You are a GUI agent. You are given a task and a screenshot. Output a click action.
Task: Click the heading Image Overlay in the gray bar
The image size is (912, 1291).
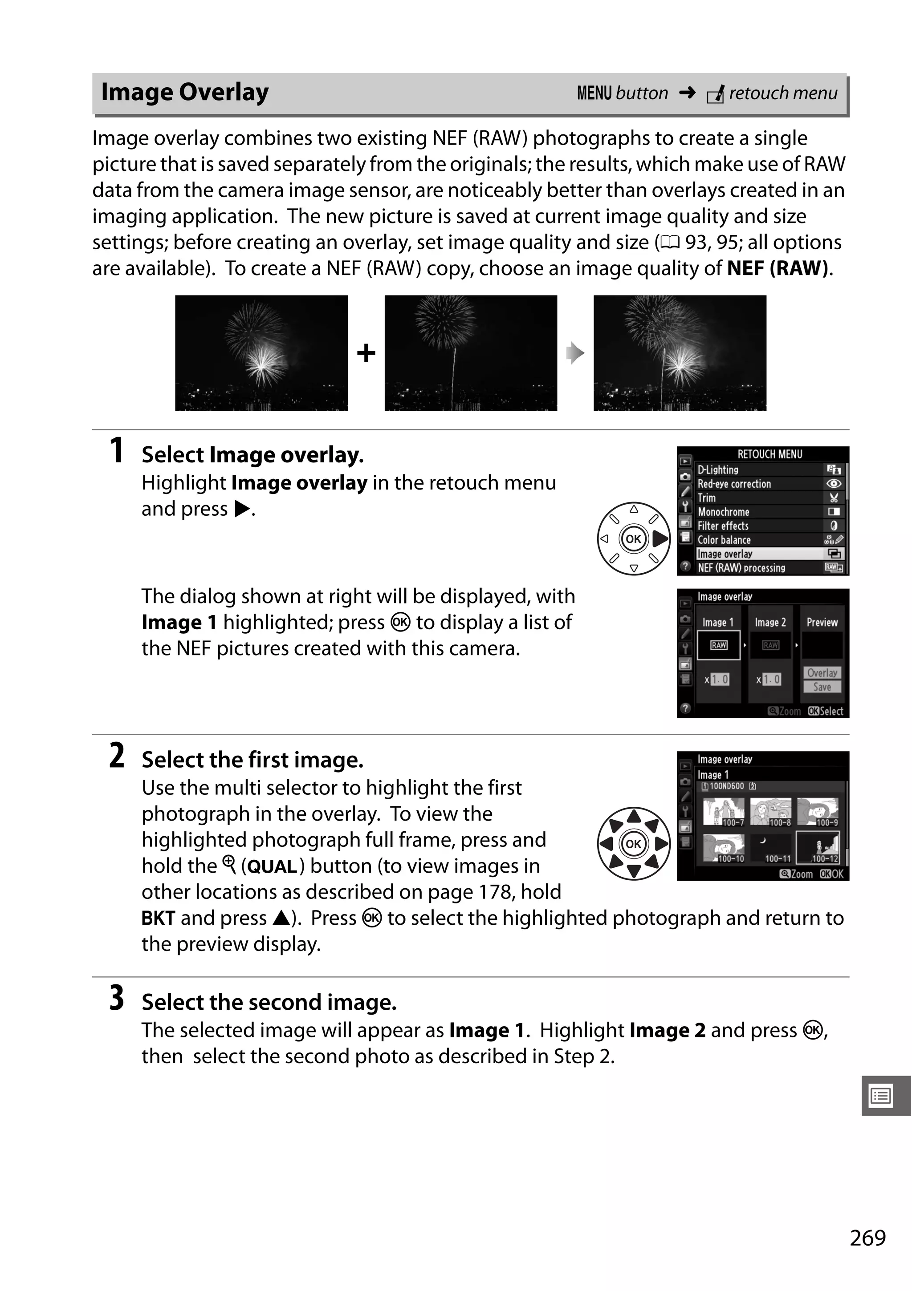tap(184, 92)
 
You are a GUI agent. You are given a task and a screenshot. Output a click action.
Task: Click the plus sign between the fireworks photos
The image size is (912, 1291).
tap(366, 353)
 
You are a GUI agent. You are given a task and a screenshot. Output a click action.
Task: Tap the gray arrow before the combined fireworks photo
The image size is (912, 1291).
tap(575, 353)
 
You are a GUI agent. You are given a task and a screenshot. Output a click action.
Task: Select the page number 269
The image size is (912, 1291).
tap(867, 1238)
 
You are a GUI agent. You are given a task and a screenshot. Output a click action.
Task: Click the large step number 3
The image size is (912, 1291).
tap(117, 998)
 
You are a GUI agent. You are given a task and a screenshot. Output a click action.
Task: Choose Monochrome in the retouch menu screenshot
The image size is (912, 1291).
tap(724, 512)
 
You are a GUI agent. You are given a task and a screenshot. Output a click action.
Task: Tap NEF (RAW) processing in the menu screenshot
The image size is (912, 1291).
tap(741, 568)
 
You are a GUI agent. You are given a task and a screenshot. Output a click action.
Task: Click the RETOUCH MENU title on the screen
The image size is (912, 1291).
tap(769, 454)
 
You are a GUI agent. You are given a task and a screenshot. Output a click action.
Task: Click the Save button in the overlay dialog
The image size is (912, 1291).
tap(822, 687)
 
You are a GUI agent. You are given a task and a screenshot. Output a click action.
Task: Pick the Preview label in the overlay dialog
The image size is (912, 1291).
tap(822, 623)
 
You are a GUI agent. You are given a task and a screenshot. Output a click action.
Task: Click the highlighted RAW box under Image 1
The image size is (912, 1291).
tap(718, 645)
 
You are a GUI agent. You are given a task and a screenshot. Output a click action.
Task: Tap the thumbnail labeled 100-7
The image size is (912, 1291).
tap(724, 811)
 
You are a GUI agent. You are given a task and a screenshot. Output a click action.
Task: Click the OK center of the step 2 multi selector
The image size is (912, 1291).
tap(634, 843)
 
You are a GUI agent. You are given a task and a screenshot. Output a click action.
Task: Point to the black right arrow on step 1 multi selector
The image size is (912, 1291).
tap(660, 538)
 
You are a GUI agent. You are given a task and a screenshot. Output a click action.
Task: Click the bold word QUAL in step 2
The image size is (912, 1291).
tap(272, 866)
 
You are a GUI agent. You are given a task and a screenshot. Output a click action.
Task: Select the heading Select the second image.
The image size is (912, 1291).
tap(269, 1002)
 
